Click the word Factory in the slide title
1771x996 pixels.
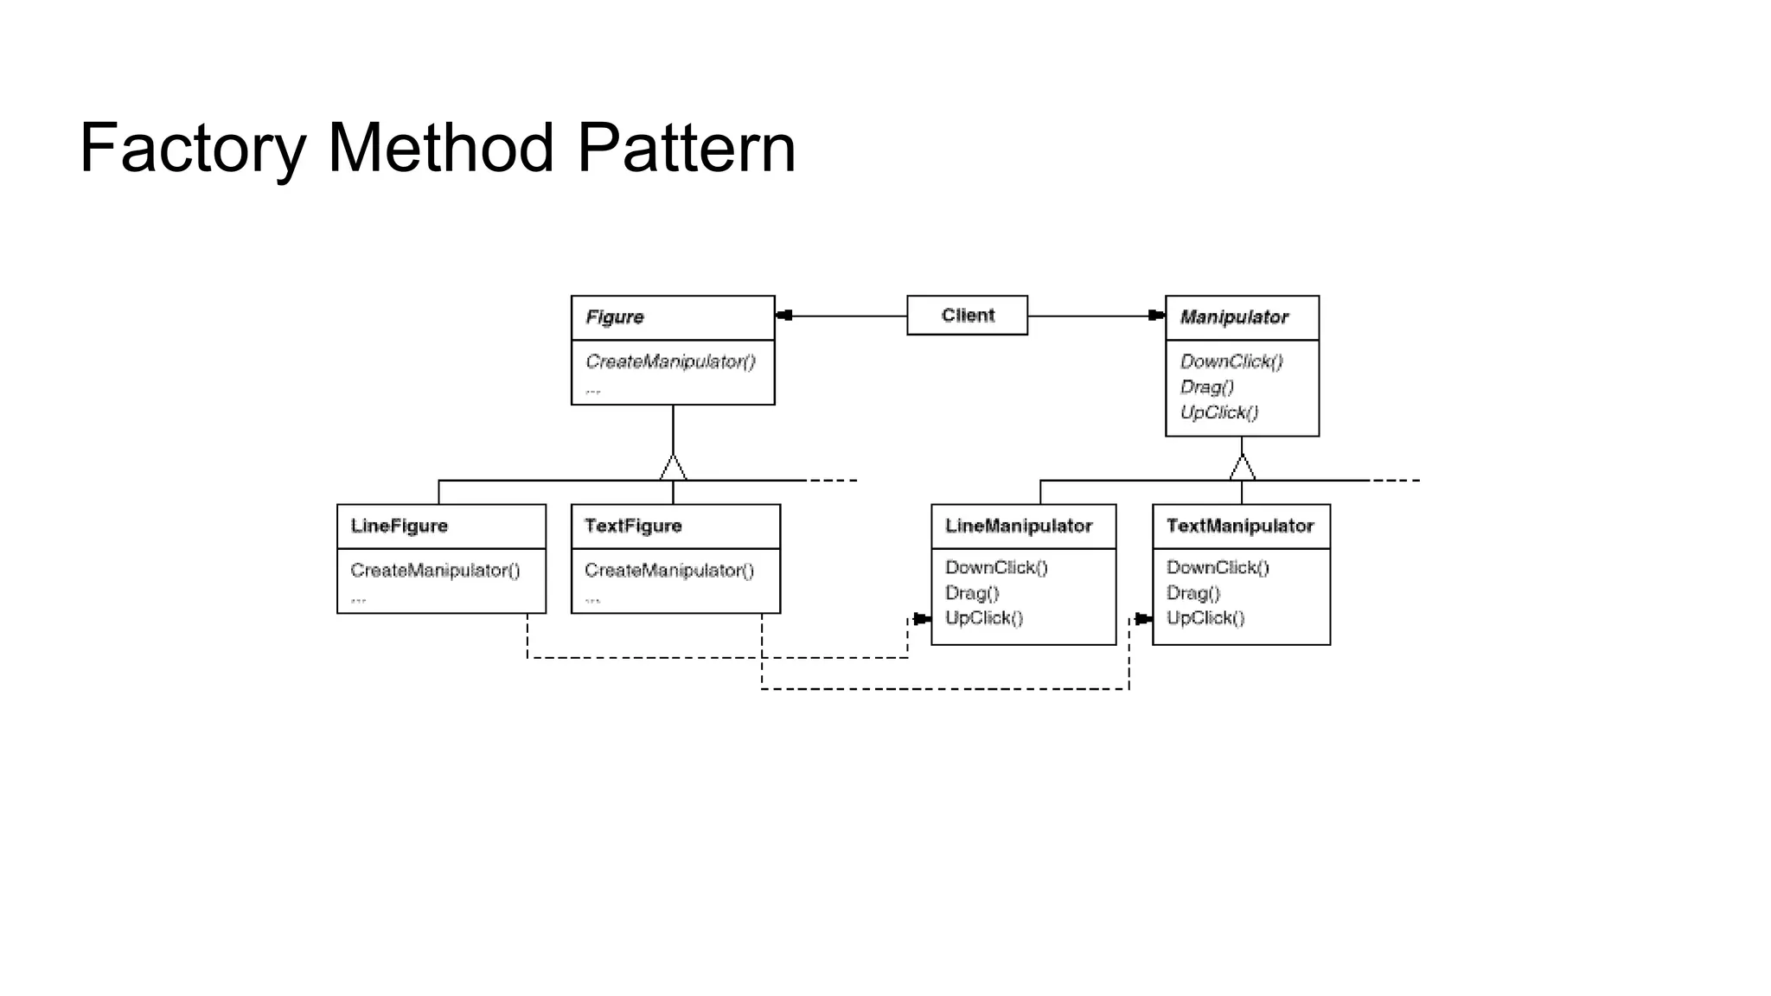click(x=192, y=149)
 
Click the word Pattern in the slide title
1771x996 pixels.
click(x=686, y=149)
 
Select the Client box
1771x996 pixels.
click(x=967, y=316)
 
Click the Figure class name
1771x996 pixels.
click(x=615, y=317)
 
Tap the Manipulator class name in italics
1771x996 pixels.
click(x=1234, y=317)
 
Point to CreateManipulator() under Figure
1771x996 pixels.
click(x=670, y=361)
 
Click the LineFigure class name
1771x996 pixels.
click(x=400, y=526)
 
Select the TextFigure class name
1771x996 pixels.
click(x=633, y=526)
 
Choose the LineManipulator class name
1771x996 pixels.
click(x=1019, y=526)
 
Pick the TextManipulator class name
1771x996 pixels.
click(x=1240, y=526)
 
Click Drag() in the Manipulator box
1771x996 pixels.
click(x=1207, y=386)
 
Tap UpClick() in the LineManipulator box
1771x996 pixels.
click(x=984, y=618)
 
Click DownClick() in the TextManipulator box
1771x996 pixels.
click(x=1218, y=567)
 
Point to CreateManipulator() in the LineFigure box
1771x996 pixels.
click(x=435, y=571)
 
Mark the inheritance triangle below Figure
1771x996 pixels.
click(x=673, y=469)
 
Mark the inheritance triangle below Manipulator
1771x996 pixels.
click(x=1242, y=469)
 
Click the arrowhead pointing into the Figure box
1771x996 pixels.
click(x=783, y=316)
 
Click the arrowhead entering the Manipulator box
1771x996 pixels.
click(x=1156, y=316)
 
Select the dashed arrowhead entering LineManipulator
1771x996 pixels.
click(x=922, y=619)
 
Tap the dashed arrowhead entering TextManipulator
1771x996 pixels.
click(x=1143, y=619)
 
